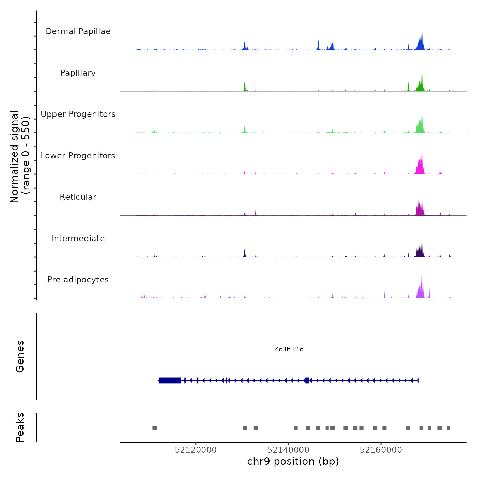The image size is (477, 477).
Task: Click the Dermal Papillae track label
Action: (x=78, y=31)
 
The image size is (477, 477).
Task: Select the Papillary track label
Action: (x=78, y=73)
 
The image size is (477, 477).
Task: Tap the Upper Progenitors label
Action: (x=78, y=114)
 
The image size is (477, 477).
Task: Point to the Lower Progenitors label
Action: (x=78, y=156)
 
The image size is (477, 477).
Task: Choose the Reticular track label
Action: (x=78, y=197)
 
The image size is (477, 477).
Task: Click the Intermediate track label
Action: (x=78, y=238)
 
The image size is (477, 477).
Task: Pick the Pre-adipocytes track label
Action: (x=78, y=280)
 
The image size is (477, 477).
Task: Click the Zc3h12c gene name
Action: (x=288, y=349)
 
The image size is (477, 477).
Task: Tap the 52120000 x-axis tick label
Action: (x=196, y=450)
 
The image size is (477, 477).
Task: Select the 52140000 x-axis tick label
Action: (x=288, y=450)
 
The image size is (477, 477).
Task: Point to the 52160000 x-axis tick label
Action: (x=381, y=450)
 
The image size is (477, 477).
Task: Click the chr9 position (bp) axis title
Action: (x=293, y=461)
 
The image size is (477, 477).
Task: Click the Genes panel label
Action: (x=20, y=356)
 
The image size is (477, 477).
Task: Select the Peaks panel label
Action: (x=20, y=427)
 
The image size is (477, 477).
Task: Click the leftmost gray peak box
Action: (x=155, y=428)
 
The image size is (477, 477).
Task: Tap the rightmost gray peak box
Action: (x=448, y=428)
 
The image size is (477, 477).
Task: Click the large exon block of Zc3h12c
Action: (x=170, y=380)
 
